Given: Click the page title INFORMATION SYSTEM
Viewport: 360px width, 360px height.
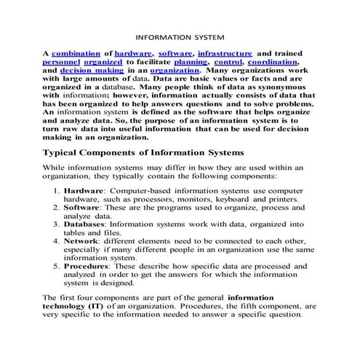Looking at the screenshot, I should (x=180, y=34).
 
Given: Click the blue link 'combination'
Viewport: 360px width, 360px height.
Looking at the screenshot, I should (x=75, y=54).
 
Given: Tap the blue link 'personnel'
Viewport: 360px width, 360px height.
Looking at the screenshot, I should (x=65, y=64).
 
